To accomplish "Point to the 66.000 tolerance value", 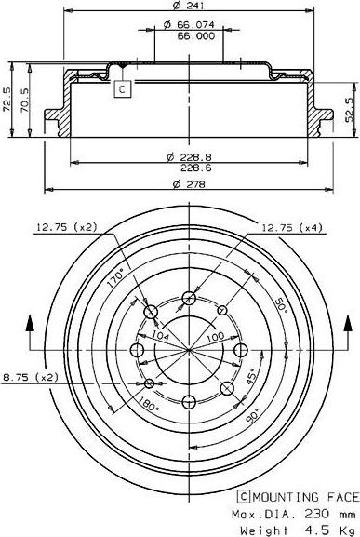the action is (195, 35).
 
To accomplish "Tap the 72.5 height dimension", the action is (7, 100).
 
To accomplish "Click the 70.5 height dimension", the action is (24, 100).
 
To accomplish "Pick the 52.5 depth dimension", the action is (350, 110).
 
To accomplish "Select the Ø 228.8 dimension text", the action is (189, 157).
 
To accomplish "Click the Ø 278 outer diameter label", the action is (189, 184).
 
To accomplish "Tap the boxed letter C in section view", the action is (122, 89).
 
